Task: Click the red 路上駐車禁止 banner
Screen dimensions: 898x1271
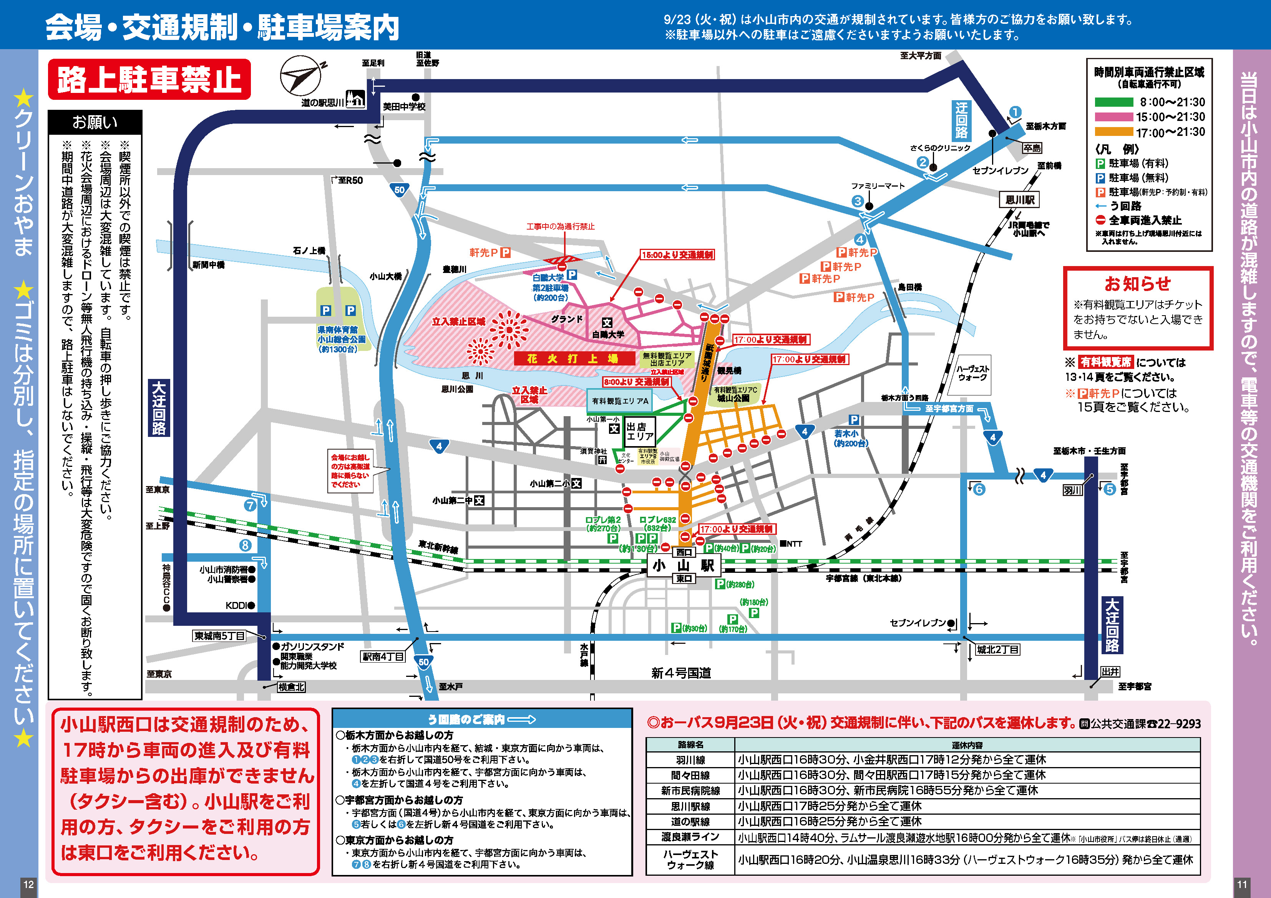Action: pyautogui.click(x=149, y=79)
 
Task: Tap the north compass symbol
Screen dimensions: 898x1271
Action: pyautogui.click(x=300, y=75)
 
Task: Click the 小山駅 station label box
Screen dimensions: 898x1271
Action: pyautogui.click(x=683, y=565)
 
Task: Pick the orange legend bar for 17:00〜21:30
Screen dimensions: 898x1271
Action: pyautogui.click(x=1114, y=132)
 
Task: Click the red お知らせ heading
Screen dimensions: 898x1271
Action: pyautogui.click(x=1138, y=283)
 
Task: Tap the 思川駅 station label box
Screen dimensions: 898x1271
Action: pyautogui.click(x=1020, y=200)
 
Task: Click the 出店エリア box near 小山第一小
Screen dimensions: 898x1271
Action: pyautogui.click(x=640, y=431)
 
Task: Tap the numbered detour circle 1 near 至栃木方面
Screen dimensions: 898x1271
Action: pyautogui.click(x=1015, y=112)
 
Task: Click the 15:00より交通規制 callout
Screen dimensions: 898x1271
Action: pyautogui.click(x=677, y=255)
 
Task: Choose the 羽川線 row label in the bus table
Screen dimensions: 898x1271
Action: pyautogui.click(x=690, y=760)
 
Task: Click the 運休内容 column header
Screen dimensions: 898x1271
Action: pyautogui.click(x=967, y=745)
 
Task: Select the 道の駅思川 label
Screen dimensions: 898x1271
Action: pyautogui.click(x=323, y=103)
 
